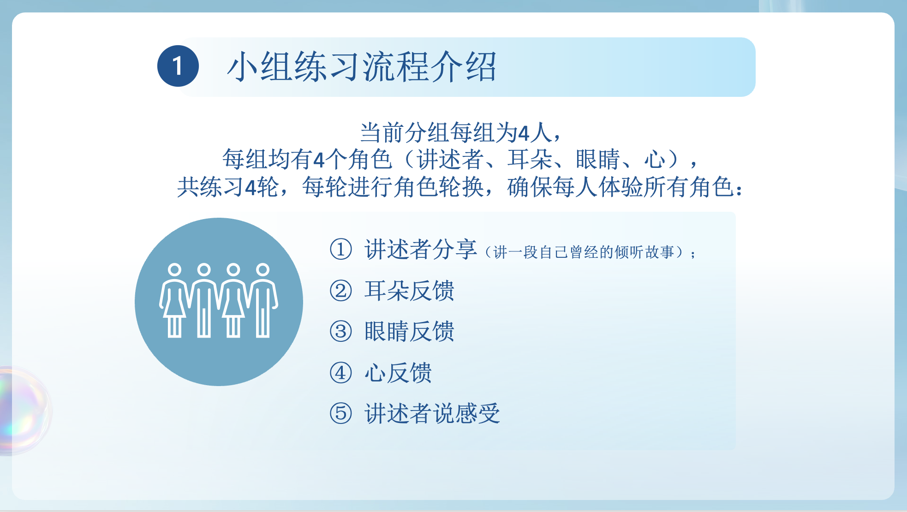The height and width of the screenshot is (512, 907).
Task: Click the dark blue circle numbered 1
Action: pos(178,66)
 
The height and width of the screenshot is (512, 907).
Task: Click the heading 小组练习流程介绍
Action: pos(362,67)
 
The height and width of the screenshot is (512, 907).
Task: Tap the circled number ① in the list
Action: pos(341,249)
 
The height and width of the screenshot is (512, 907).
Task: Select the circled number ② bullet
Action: pos(341,291)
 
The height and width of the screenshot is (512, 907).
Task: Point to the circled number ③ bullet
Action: pos(341,331)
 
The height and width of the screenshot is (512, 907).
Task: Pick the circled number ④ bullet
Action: pos(341,373)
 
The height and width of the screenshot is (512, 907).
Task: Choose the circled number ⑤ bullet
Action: pos(341,413)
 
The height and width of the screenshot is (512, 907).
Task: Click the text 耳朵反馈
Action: pos(409,291)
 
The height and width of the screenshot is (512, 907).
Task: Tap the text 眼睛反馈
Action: pos(409,331)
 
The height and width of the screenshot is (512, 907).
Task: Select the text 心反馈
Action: pos(398,373)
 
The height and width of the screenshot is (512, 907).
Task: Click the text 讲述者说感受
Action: pos(432,413)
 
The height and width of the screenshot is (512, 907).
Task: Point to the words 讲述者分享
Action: pos(421,249)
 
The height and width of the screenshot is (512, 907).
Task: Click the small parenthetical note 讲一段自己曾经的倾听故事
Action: pos(584,252)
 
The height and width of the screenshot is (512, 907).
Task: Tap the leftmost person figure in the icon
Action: pos(174,300)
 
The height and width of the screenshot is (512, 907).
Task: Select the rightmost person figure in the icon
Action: pos(263,300)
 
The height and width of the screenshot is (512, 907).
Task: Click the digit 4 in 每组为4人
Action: pos(524,134)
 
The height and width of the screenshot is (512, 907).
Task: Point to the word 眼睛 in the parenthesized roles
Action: pos(598,160)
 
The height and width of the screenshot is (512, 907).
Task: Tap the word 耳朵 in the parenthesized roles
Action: pos(530,160)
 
